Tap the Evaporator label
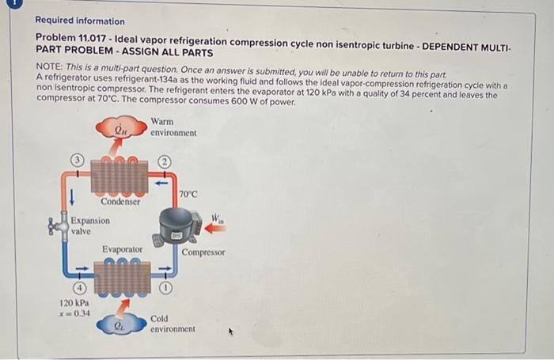coord(122,250)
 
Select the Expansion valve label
coord(89,225)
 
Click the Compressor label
coord(203,252)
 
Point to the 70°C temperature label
coord(188,194)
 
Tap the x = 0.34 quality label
coord(74,313)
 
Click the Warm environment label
coord(173,127)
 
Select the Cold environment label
coord(173,323)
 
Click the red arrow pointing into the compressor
coord(214,229)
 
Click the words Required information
coord(80,21)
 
